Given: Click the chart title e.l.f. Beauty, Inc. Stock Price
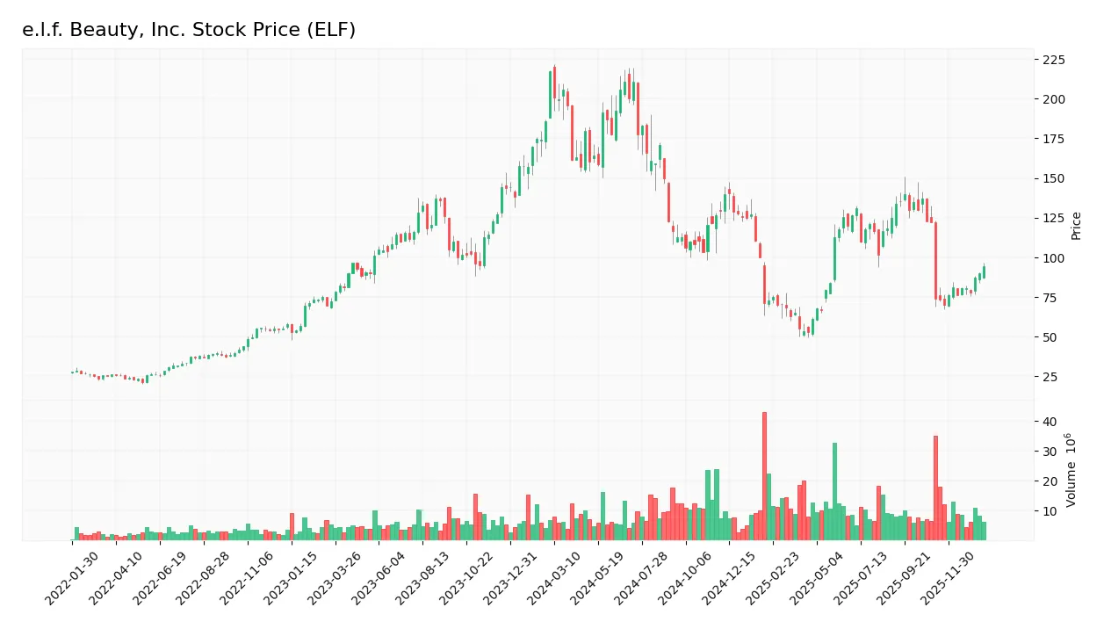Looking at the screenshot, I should [x=189, y=30].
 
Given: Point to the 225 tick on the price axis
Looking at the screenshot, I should [x=1053, y=60].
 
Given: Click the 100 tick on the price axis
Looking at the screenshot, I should [x=1053, y=258].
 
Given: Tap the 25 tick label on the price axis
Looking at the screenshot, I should [x=1050, y=378].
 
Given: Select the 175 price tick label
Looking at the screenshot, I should [x=1053, y=139].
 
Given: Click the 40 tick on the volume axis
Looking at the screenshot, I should [x=1050, y=422].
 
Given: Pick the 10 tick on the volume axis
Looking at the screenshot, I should [x=1050, y=511].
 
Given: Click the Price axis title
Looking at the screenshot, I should [x=1076, y=226].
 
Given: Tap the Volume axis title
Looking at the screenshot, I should [x=1072, y=470].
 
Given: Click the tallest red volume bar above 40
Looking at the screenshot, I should [x=764, y=476].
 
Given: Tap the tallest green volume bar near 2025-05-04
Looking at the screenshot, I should [x=834, y=492].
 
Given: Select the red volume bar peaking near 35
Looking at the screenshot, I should [x=935, y=488].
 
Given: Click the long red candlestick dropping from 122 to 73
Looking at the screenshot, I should [x=935, y=261].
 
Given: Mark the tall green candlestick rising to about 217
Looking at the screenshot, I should [x=551, y=95].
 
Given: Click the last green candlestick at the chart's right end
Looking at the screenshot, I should [x=984, y=272].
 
